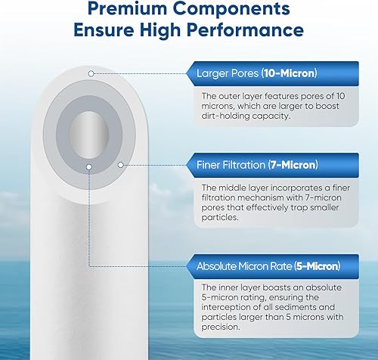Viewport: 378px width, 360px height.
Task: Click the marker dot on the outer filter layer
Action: (x=91, y=73)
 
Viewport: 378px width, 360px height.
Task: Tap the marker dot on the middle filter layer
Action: (x=119, y=163)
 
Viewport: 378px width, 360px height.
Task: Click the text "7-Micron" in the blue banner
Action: (x=293, y=164)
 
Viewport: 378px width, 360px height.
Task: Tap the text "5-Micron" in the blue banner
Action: (x=314, y=266)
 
